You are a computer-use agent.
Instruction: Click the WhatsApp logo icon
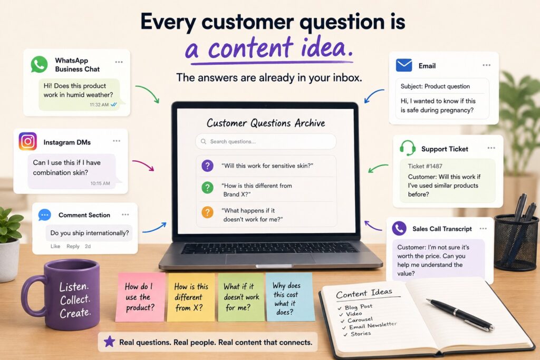(x=39, y=64)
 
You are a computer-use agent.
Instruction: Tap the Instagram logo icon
(x=27, y=141)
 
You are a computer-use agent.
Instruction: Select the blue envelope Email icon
(x=404, y=65)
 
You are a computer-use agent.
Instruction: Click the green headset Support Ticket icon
(x=408, y=148)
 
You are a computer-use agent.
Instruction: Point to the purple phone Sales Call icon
(x=399, y=228)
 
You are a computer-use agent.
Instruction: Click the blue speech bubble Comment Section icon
(x=45, y=215)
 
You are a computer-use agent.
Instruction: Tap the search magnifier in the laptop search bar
(x=204, y=141)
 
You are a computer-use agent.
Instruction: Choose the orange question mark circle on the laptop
(x=207, y=212)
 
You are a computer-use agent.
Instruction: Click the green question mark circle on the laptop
(x=207, y=188)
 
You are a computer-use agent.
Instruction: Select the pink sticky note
(x=140, y=297)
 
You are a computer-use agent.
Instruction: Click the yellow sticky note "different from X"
(x=191, y=297)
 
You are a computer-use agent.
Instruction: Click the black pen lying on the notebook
(x=460, y=315)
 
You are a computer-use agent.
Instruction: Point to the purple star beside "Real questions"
(x=110, y=342)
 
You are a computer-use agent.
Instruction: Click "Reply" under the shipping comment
(x=73, y=247)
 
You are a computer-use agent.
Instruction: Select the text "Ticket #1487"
(x=425, y=166)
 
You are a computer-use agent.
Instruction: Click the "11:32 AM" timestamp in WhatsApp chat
(x=99, y=105)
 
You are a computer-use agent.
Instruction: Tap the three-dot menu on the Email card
(x=486, y=65)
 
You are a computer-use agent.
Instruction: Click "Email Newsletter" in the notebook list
(x=373, y=326)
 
